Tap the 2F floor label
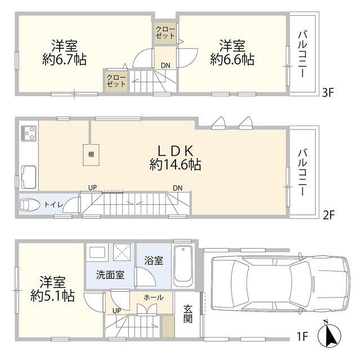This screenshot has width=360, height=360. (x=328, y=214)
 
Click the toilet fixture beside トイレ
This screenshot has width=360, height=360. (x=28, y=204)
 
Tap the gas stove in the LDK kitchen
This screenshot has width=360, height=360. (x=28, y=133)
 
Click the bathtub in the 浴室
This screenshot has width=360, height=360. (x=183, y=267)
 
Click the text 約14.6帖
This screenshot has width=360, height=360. (x=175, y=164)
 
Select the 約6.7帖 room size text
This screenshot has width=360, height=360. (x=65, y=59)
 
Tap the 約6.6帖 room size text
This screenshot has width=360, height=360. (x=232, y=58)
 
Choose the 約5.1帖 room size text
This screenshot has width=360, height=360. (x=53, y=295)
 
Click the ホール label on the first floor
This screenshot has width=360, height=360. (x=154, y=297)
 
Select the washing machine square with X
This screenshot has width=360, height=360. (x=122, y=253)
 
